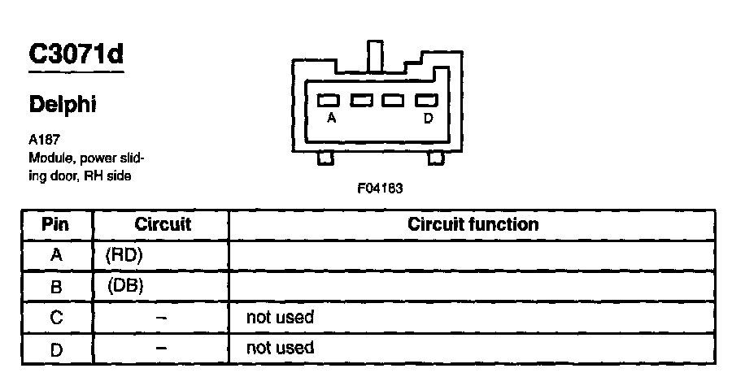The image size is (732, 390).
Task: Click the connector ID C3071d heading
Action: click(76, 54)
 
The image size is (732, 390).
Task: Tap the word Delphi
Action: click(63, 105)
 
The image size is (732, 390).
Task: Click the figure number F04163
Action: click(380, 188)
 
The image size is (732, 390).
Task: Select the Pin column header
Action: click(55, 224)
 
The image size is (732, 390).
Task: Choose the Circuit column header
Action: click(163, 224)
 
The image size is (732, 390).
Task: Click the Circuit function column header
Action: click(473, 224)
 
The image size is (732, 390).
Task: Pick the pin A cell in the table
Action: click(56, 255)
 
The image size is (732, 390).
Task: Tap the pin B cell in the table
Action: click(56, 286)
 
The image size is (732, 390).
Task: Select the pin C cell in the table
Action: click(56, 317)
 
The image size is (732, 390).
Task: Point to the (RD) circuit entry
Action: click(124, 255)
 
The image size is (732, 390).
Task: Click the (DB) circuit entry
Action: click(124, 286)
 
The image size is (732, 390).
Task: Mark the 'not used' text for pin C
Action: click(280, 317)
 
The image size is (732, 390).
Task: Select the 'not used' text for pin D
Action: click(280, 348)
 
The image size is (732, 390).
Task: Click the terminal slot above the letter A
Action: click(329, 101)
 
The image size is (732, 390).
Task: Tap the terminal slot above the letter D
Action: click(426, 101)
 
